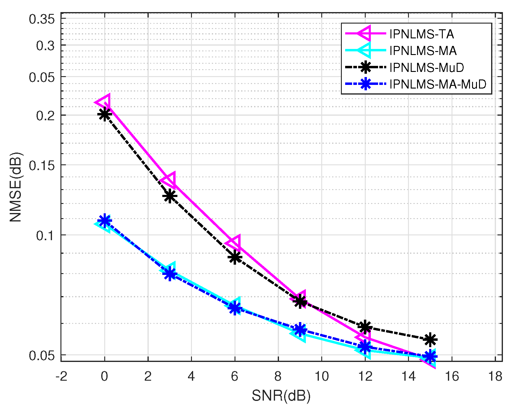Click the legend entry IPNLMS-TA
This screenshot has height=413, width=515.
pos(421,34)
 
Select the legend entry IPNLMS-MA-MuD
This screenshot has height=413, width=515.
pos(438,84)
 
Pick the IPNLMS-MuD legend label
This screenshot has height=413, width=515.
pos(426,67)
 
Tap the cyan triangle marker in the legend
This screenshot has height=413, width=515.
pos(365,50)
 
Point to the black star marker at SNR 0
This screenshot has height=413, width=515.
pos(105,115)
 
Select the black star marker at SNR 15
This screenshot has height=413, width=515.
pos(430,340)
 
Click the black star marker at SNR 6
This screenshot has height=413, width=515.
pos(235,257)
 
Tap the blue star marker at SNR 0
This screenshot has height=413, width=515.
pos(105,221)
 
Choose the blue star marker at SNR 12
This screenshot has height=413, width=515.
pos(365,347)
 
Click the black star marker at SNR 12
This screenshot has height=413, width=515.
pos(365,327)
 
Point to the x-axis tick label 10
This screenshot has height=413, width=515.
pos(322,376)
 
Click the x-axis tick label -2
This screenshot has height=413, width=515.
pos(61,376)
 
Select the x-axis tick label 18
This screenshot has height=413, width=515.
pos(495,376)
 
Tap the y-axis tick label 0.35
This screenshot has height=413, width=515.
pos(42,19)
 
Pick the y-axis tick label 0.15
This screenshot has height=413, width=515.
pos(42,165)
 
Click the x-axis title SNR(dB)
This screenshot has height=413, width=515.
pos(281,396)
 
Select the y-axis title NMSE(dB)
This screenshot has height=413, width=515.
pos(16,187)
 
